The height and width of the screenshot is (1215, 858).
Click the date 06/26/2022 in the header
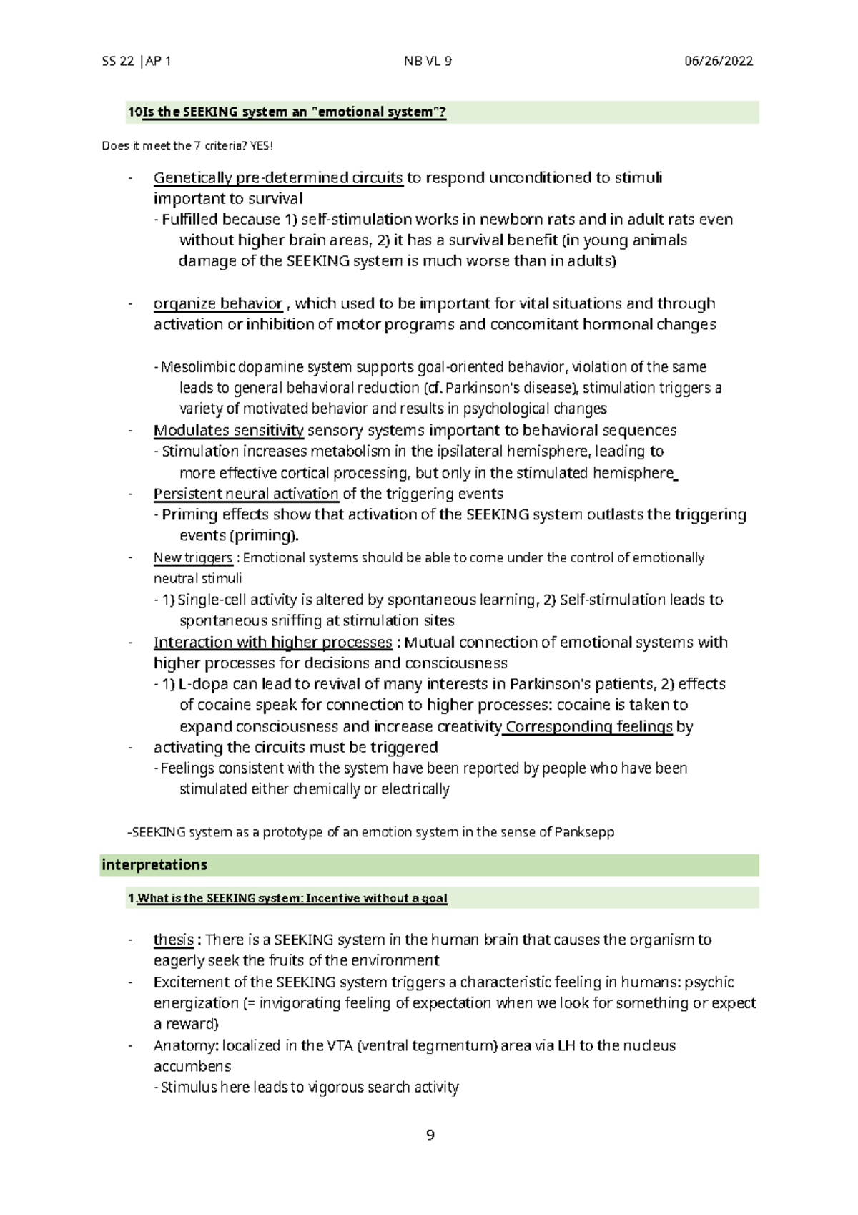[x=718, y=62]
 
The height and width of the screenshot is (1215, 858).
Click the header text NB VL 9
[x=428, y=62]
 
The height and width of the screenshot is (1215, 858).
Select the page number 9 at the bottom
[x=430, y=1135]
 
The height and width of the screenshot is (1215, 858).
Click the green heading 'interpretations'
[x=154, y=865]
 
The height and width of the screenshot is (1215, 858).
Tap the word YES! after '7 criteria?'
[x=262, y=146]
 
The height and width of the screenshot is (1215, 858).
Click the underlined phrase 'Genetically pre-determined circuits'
[x=278, y=177]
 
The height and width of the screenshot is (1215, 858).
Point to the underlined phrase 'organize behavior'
[x=218, y=303]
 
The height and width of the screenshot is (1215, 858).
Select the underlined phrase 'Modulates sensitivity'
[x=229, y=431]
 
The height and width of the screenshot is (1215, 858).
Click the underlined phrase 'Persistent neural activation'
[x=246, y=494]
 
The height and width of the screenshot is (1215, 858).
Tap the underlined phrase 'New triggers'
[x=192, y=558]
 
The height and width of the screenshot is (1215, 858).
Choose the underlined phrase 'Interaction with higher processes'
[x=272, y=643]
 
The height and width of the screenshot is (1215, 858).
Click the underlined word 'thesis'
[x=173, y=940]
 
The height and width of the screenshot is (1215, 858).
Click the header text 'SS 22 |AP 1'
[x=136, y=62]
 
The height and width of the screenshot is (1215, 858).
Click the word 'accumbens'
[x=192, y=1066]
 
